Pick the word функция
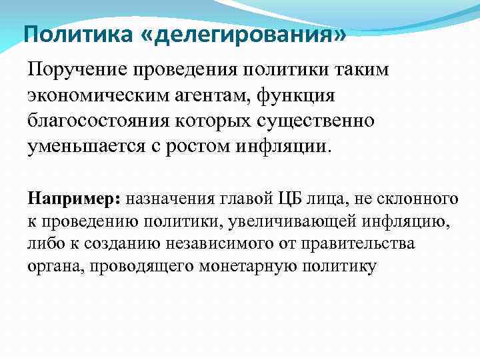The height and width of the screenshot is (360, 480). click(308, 95)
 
